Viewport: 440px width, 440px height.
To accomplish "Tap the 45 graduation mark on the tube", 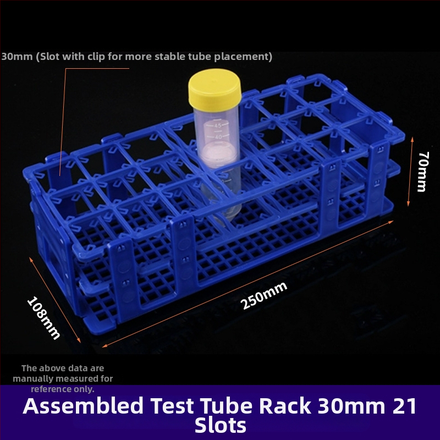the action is [218, 125].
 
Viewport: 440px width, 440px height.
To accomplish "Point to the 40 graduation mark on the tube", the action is [218, 137].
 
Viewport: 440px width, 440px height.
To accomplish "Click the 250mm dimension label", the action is [264, 295].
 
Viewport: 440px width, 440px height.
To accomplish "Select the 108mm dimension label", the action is [44, 318].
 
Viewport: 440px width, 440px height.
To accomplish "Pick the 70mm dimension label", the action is [423, 172].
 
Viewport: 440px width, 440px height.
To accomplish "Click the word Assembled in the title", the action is [84, 406].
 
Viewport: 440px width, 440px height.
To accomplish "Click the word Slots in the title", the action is [221, 425].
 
